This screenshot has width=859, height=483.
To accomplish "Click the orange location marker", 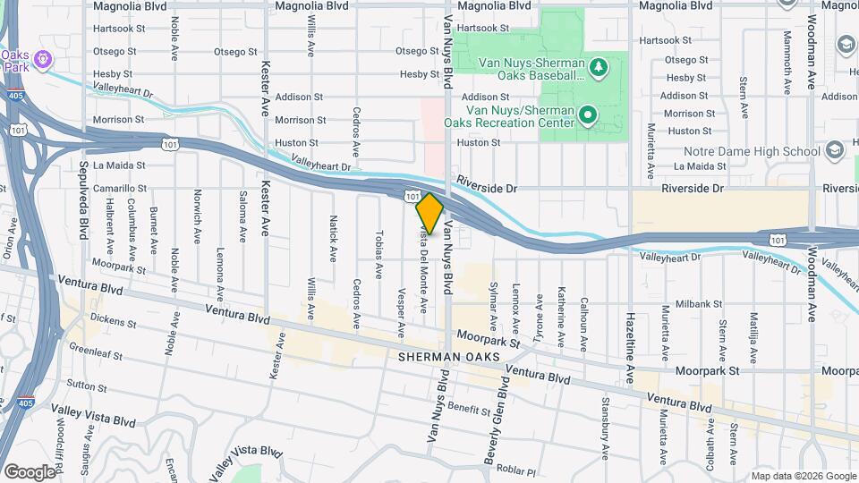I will (429, 213).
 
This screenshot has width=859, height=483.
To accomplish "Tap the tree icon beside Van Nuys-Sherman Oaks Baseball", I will (599, 65).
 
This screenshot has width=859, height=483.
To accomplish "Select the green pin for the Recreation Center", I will (587, 114).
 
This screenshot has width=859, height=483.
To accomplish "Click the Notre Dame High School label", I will (751, 151).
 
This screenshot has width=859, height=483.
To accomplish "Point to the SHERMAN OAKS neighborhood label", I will (445, 356).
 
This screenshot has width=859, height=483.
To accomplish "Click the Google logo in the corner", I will (29, 471).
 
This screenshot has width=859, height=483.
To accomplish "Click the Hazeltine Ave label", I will (631, 330).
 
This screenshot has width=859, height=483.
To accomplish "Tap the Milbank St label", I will (699, 304).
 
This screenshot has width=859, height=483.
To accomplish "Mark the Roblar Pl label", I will (517, 471).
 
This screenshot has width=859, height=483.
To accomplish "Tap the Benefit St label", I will (464, 407).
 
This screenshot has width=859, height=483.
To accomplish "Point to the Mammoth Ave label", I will (787, 63).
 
